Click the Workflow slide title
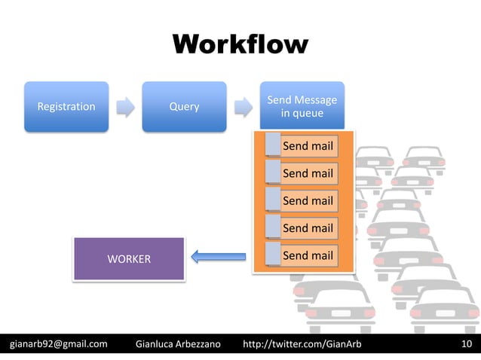pyautogui.click(x=240, y=44)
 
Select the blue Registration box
pyautogui.click(x=66, y=107)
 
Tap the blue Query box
pyautogui.click(x=184, y=107)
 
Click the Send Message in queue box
pyautogui.click(x=302, y=107)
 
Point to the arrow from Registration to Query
pyautogui.click(x=125, y=107)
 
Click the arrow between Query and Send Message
pyautogui.click(x=243, y=107)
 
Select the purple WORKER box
pyautogui.click(x=128, y=259)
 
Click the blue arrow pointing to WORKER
pyautogui.click(x=218, y=258)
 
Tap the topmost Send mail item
pyautogui.click(x=308, y=146)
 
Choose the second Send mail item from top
pyautogui.click(x=308, y=173)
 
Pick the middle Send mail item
pyautogui.click(x=308, y=201)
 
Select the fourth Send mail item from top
pyautogui.click(x=308, y=228)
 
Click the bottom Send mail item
pyautogui.click(x=308, y=255)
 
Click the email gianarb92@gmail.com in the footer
pyautogui.click(x=58, y=345)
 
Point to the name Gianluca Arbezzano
pyautogui.click(x=177, y=345)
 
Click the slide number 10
pyautogui.click(x=466, y=345)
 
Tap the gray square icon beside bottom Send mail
pyautogui.click(x=272, y=255)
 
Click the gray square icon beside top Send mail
pyautogui.click(x=272, y=145)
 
